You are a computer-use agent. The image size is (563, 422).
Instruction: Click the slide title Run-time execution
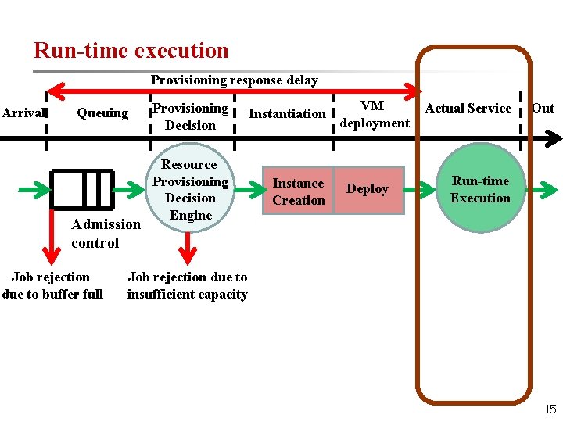coord(131,51)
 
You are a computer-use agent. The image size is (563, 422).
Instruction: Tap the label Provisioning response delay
coord(234,80)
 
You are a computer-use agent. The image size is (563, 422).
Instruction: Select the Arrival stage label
coord(23,113)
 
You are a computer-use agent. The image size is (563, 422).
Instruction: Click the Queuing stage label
coord(102,113)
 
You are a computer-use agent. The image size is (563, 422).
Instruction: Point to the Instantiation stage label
coord(287,113)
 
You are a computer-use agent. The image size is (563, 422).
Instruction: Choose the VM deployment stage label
coord(374,114)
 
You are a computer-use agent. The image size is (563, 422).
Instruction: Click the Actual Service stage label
coord(468,109)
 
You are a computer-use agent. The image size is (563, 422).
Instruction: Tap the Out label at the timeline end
coord(543,108)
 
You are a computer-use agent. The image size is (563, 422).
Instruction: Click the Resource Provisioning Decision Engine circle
coord(190,190)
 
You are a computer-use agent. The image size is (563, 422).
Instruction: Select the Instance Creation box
coord(298,191)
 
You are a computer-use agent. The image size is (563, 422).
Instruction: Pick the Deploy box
coord(368,189)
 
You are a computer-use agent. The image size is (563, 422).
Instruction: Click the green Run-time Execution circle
coord(480,189)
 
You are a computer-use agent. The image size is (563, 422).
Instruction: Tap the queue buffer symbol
coord(81,189)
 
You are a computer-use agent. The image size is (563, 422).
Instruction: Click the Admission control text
coord(106,234)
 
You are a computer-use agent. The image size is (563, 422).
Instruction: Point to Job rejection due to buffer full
coord(52,285)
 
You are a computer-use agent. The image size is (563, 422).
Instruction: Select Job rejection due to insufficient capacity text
coord(187,285)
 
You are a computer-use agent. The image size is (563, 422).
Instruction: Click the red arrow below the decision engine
coord(187,249)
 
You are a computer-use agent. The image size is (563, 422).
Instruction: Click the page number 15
coord(550,409)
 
